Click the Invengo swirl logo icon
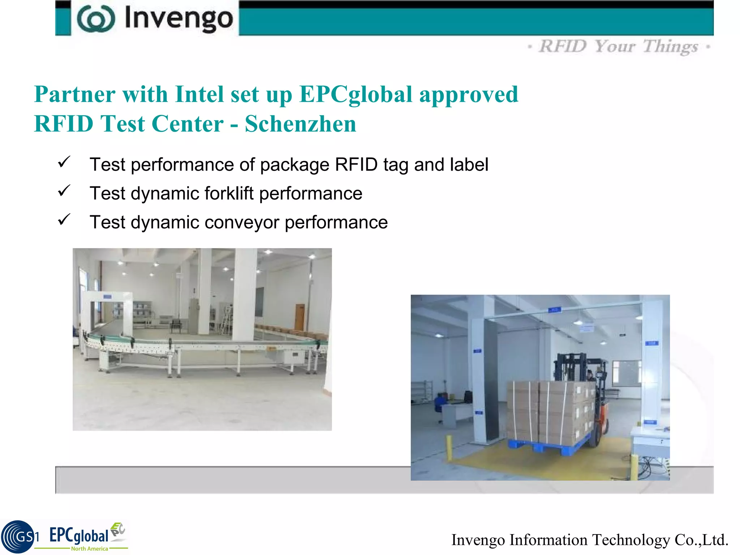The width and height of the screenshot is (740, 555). click(x=96, y=19)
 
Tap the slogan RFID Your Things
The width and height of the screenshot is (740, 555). click(x=619, y=47)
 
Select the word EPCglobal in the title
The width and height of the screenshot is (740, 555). click(x=356, y=94)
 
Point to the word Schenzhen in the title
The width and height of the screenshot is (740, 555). click(x=300, y=124)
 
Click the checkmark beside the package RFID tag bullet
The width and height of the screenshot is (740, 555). click(x=64, y=162)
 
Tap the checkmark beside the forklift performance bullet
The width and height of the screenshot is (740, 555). click(x=64, y=191)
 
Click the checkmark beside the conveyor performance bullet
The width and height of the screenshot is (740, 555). click(x=64, y=220)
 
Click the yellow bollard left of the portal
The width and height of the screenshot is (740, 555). click(x=449, y=448)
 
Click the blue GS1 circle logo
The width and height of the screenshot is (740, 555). click(x=18, y=537)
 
